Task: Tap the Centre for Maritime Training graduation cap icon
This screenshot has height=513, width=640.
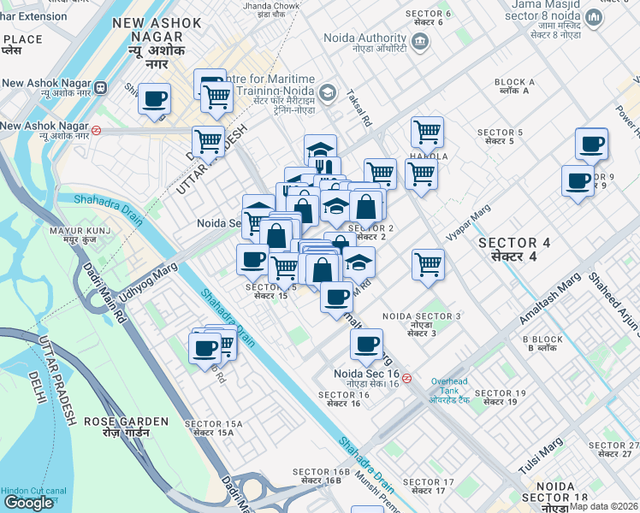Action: pyautogui.click(x=326, y=91)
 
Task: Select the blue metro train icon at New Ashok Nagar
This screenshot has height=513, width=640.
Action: pyautogui.click(x=101, y=86)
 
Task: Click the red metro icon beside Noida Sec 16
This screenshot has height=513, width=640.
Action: pyautogui.click(x=407, y=378)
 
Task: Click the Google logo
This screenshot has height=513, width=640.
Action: pyautogui.click(x=29, y=503)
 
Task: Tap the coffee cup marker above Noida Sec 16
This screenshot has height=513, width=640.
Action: pyautogui.click(x=366, y=345)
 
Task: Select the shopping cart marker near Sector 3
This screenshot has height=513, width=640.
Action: pyautogui.click(x=428, y=263)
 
